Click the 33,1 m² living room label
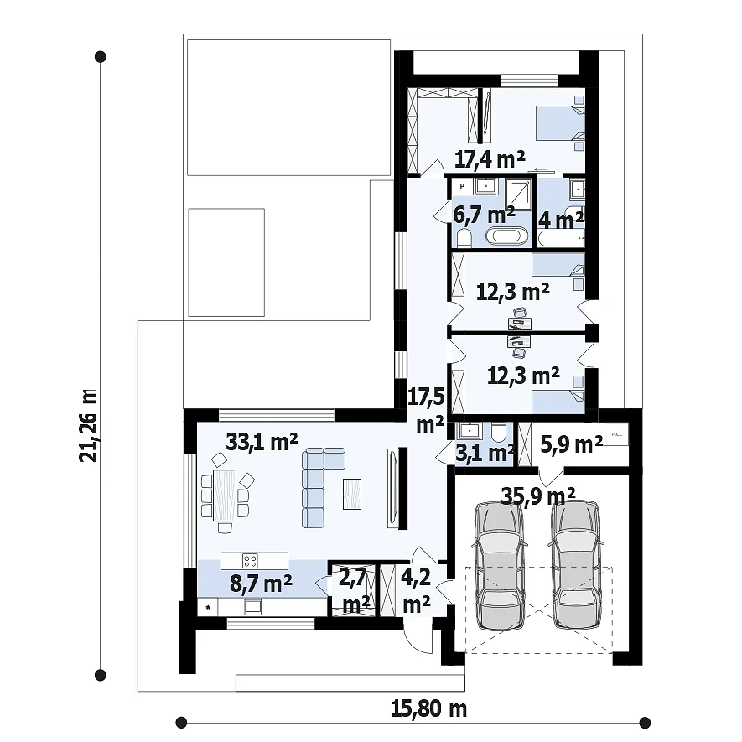point(262,442)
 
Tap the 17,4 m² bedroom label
point(490,159)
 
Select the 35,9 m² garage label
point(538,496)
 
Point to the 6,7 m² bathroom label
point(484,215)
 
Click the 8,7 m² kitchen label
point(261,584)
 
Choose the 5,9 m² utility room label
point(571,444)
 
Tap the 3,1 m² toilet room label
point(485,453)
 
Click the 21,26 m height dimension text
point(89,425)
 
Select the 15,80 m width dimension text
point(428,708)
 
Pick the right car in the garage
point(576,565)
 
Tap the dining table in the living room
point(225,496)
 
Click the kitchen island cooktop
point(250,561)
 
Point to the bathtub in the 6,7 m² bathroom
point(506,236)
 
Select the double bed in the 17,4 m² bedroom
point(560,123)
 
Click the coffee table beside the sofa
point(351,494)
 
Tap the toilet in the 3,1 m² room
point(498,432)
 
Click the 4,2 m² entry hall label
point(416,591)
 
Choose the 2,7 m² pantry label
point(353,592)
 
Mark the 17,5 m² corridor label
point(428,410)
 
